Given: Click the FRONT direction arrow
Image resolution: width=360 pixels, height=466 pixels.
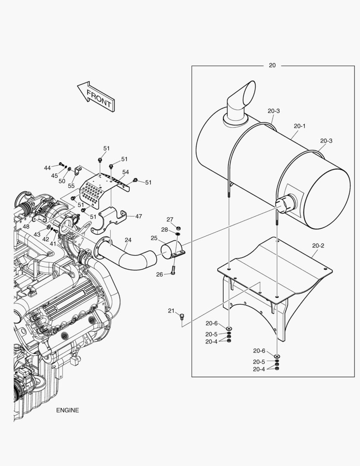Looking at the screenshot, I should click(96, 96).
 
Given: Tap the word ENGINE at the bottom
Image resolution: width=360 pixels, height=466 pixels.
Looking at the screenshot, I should click(67, 410).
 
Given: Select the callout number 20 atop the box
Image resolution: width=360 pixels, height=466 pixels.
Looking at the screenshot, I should click(272, 65).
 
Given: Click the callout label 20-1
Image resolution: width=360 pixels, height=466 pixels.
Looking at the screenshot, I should click(300, 126).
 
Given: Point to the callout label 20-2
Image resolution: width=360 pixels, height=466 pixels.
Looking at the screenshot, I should click(318, 246).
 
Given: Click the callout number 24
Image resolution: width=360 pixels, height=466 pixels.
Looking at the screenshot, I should click(128, 240).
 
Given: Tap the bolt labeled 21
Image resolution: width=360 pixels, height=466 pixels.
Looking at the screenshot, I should click(182, 318).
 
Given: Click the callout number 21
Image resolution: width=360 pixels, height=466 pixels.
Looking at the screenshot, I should click(171, 311).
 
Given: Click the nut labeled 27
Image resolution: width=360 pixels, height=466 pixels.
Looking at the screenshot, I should click(179, 228).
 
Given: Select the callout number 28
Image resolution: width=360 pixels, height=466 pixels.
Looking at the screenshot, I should click(165, 229).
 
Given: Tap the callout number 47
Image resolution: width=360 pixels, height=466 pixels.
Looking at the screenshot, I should click(138, 216).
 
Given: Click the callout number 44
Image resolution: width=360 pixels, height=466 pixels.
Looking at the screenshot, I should click(47, 167).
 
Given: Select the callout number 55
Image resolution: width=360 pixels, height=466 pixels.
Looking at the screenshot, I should click(71, 186).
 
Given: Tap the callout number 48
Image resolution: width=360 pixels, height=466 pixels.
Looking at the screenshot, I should click(26, 227).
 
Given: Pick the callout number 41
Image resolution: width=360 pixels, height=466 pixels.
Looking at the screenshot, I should click(53, 244).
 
